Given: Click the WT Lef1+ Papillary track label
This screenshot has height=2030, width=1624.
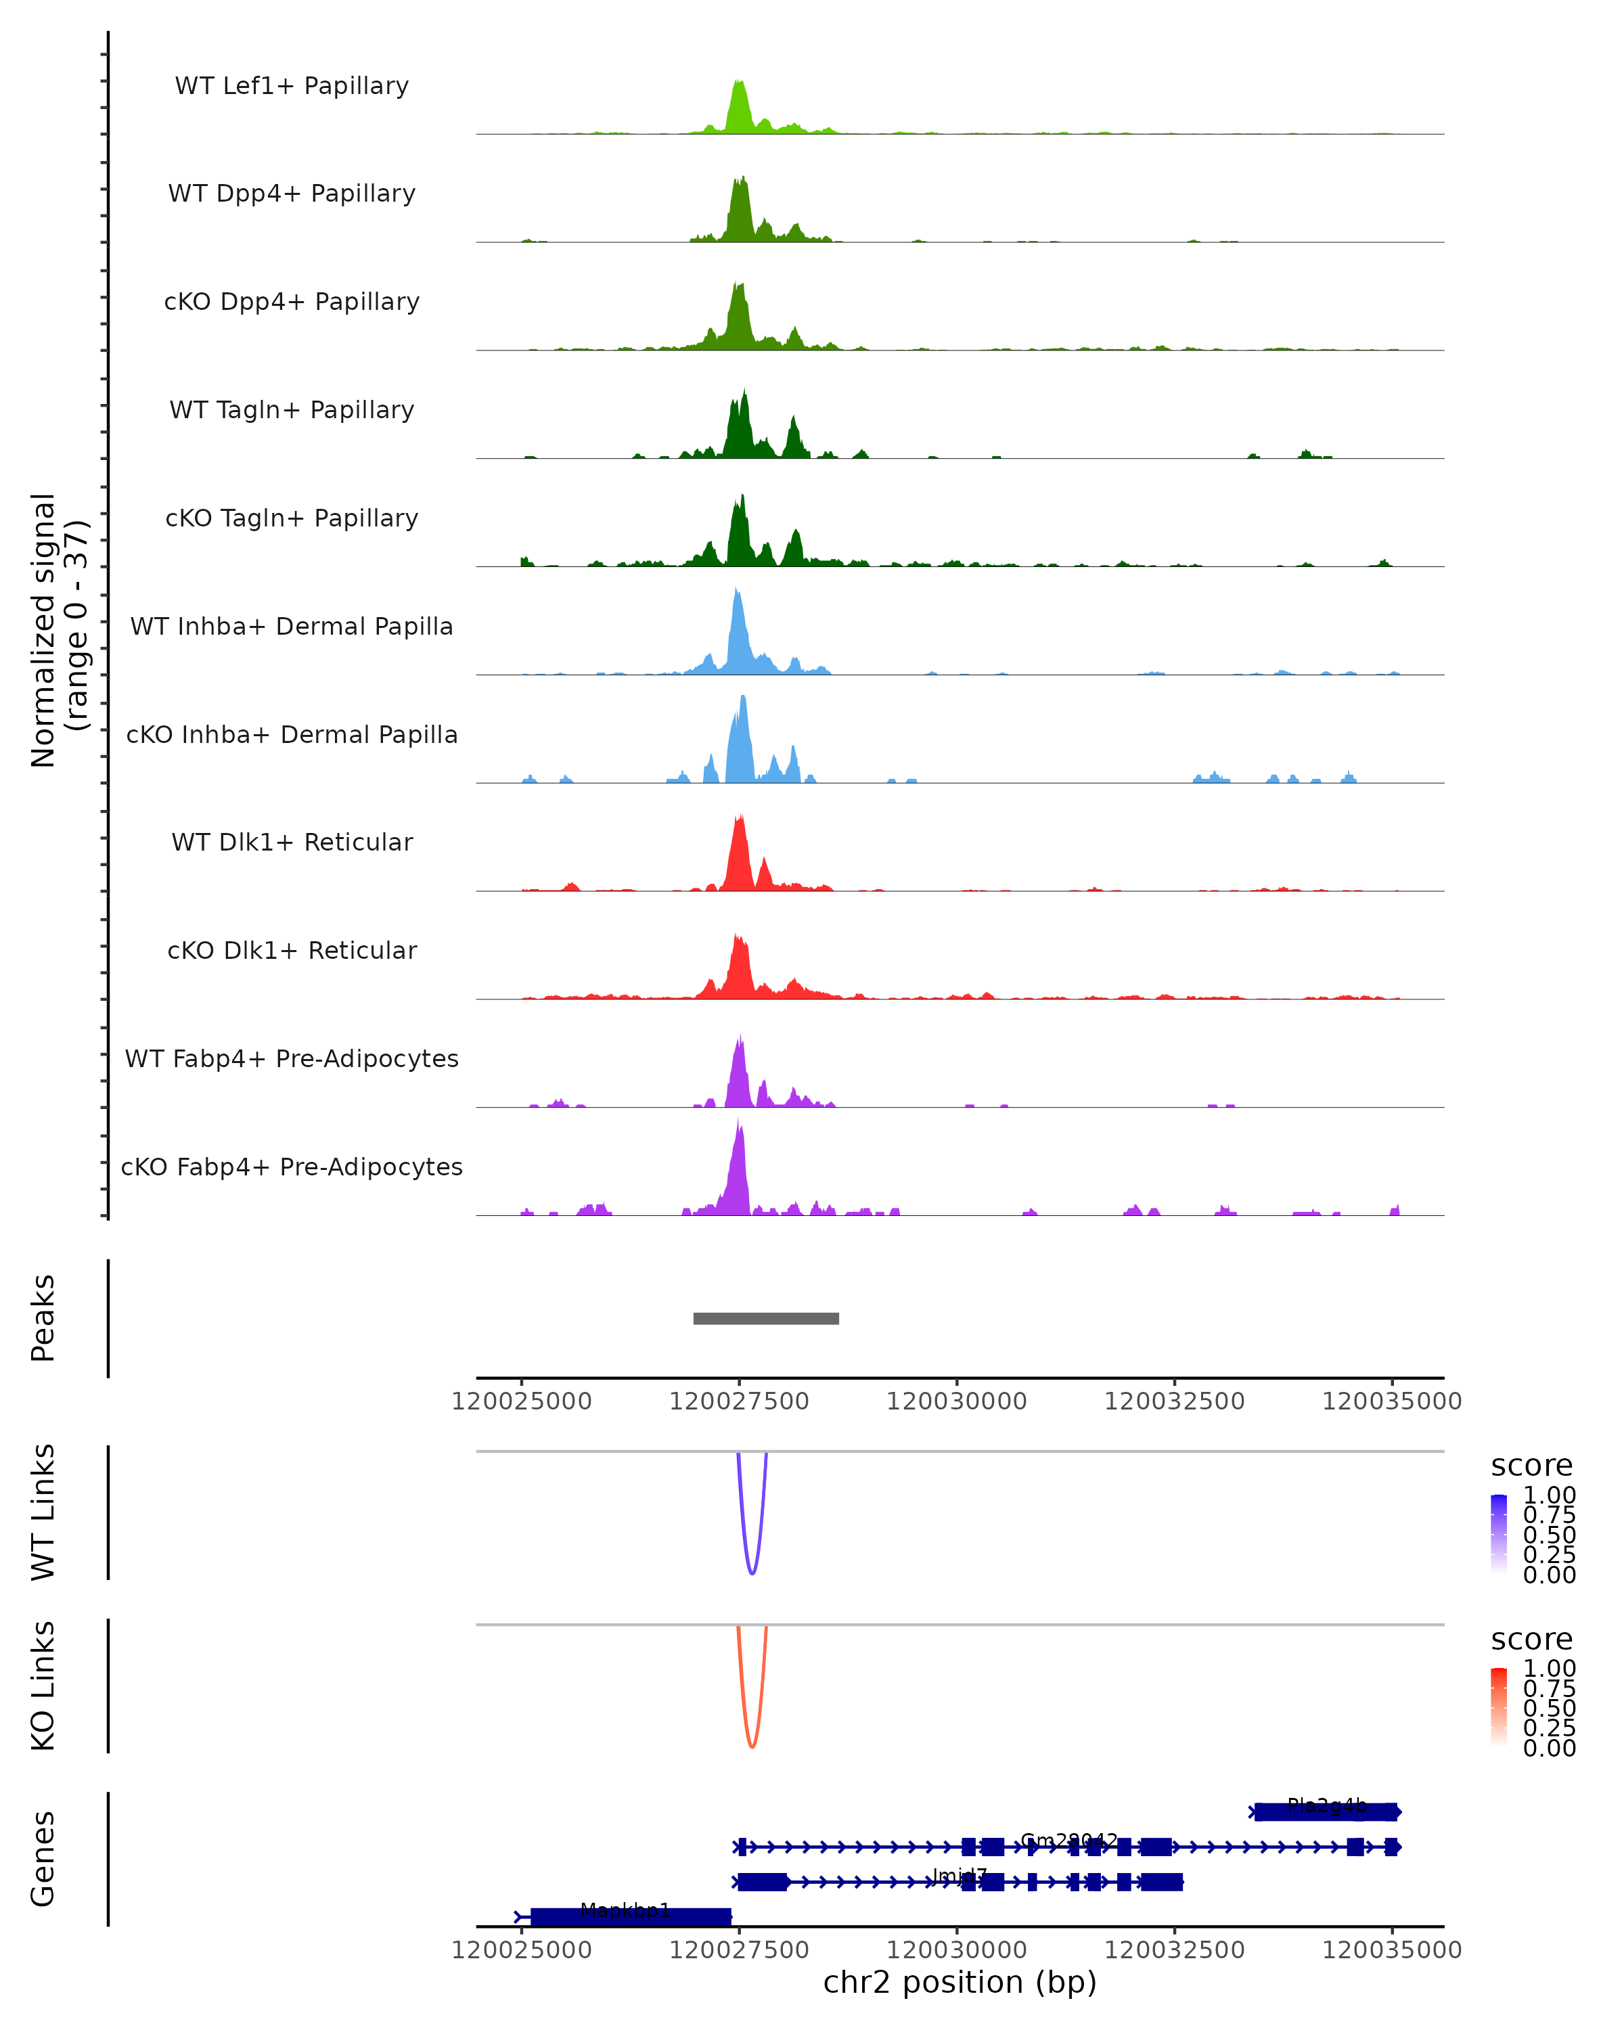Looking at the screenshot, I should coord(292,86).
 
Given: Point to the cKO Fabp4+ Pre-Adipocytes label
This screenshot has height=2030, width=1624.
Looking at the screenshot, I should coord(292,1167).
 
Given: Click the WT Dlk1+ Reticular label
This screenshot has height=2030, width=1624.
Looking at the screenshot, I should coord(292,842).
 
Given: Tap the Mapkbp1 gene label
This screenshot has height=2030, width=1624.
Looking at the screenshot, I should coord(625,1910).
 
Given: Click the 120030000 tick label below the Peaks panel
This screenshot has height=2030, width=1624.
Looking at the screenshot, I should coord(957,1402).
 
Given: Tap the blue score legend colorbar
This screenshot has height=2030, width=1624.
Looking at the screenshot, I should coord(1499,1533).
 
